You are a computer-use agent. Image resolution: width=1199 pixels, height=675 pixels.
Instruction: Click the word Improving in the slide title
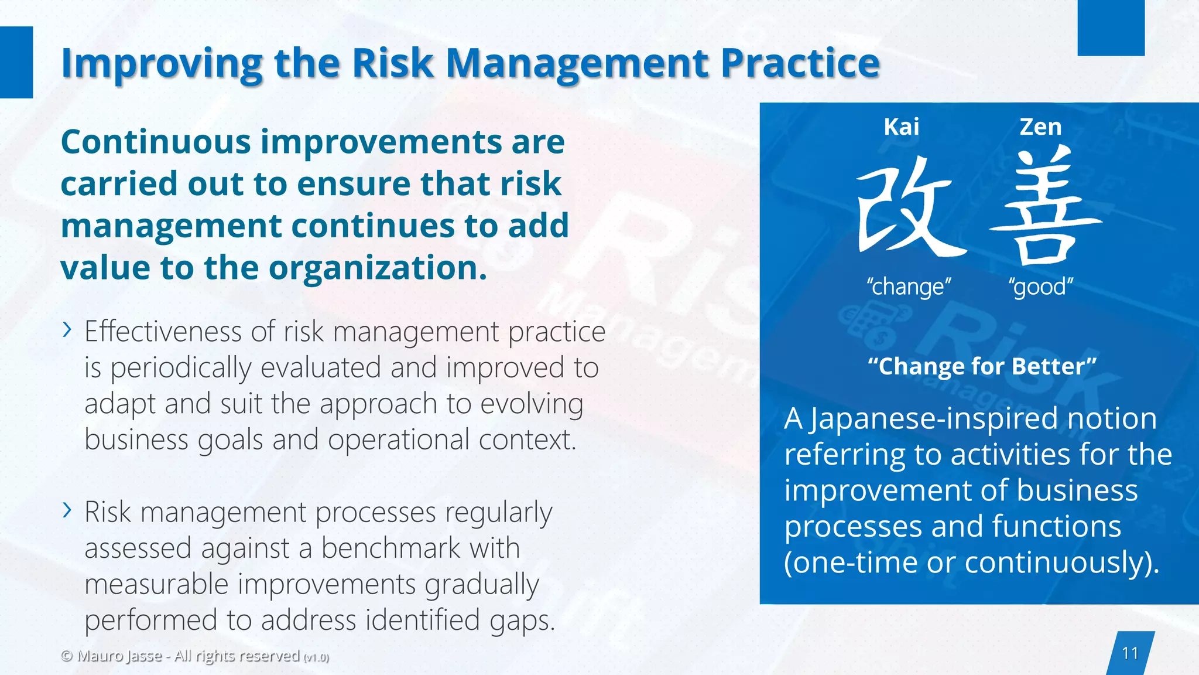pos(162,63)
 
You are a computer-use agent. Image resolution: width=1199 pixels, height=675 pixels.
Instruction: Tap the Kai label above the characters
pos(901,127)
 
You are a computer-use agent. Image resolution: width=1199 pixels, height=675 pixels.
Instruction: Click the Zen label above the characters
pos(1040,127)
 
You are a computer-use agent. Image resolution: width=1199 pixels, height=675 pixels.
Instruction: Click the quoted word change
pos(909,287)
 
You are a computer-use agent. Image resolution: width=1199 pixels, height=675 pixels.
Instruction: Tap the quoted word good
pos(1040,287)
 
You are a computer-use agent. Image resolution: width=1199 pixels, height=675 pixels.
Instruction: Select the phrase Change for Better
pos(982,366)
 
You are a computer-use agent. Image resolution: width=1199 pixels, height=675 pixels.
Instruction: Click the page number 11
pos(1130,653)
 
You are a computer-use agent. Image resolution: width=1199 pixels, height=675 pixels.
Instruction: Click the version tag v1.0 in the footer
pos(316,657)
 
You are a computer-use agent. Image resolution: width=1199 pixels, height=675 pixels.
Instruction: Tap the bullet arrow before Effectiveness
pos(67,330)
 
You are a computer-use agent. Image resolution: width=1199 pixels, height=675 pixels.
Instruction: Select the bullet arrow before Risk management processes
pos(67,510)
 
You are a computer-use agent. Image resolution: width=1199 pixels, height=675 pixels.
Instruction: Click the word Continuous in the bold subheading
pos(156,142)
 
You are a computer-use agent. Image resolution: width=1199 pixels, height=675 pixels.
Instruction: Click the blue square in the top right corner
pos(1111,28)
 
